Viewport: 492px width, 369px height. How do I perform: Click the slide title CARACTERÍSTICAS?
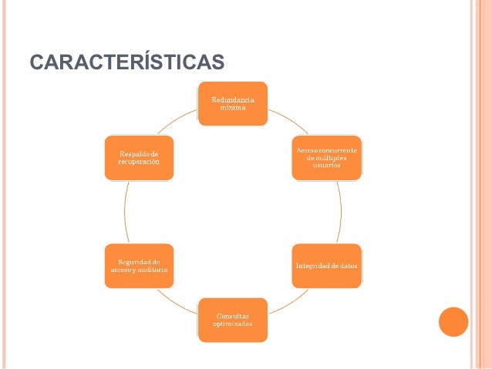(127, 61)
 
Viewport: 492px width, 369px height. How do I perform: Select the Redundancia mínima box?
(232, 103)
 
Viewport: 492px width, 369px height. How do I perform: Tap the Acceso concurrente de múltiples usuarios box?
(325, 158)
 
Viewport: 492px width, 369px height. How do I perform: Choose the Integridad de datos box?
(325, 266)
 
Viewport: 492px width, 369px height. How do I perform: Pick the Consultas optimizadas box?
(232, 320)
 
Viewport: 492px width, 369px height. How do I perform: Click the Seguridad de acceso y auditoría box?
(140, 266)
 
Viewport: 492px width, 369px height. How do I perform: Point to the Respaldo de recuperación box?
(140, 158)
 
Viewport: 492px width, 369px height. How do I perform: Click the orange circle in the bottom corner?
(453, 322)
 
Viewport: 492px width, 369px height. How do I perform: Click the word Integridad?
(311, 266)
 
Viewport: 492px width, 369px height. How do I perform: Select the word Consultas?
(232, 316)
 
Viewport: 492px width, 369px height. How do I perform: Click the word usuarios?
(325, 166)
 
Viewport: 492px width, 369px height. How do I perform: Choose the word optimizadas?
(232, 324)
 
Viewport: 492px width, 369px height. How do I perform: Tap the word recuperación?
(140, 163)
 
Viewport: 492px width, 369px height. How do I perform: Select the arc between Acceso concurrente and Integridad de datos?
(340, 212)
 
